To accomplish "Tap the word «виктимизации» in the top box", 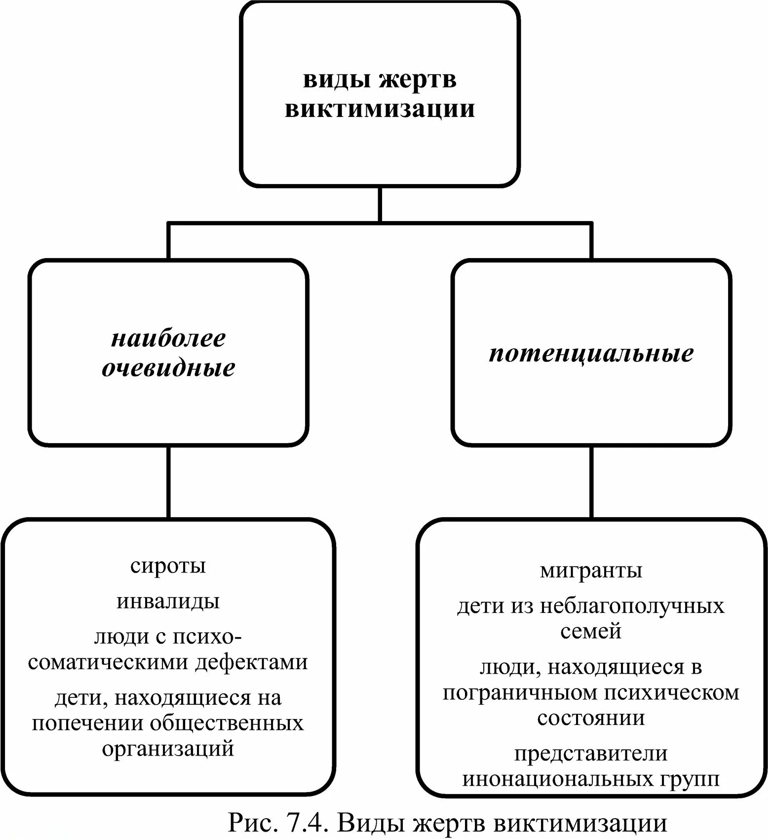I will click(x=380, y=109).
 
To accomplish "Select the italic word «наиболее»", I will click(x=168, y=339).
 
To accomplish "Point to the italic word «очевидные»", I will click(x=168, y=368).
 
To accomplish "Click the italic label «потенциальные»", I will click(x=591, y=353).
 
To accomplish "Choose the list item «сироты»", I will click(x=168, y=566).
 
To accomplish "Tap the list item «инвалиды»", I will click(x=168, y=601).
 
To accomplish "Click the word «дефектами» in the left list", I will click(x=252, y=662).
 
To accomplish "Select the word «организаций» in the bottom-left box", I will click(x=168, y=748).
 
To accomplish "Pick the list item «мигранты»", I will click(x=591, y=571).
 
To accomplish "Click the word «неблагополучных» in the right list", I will click(x=632, y=606).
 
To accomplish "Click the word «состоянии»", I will click(x=591, y=718).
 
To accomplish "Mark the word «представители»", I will click(x=591, y=754).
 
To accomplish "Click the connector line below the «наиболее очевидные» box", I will click(x=169, y=482).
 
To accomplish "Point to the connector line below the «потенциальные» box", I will click(x=591, y=482).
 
